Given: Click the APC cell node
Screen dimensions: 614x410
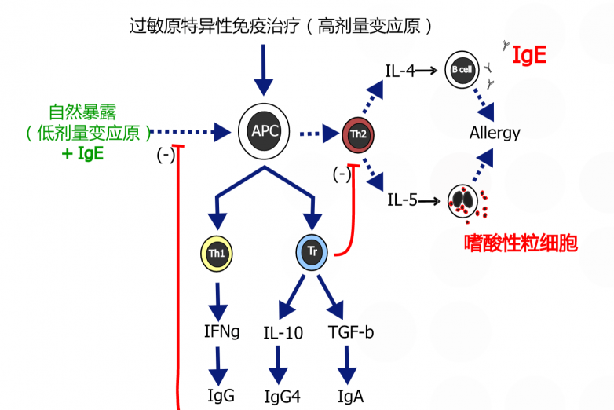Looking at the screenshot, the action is coord(264,132).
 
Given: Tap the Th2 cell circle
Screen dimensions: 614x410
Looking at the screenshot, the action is coord(358,135).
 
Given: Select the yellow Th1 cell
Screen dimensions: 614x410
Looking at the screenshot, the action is coord(217,254).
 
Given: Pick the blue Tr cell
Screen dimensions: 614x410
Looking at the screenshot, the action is coord(312,252).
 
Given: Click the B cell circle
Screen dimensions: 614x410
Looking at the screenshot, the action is coord(462,70).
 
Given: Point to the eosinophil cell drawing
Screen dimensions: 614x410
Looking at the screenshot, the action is coord(462,201).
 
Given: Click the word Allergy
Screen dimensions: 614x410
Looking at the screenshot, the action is coord(495,134).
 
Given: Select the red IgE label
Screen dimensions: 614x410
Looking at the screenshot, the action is coord(529,54).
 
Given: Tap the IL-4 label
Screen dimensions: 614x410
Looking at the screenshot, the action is coord(400,71).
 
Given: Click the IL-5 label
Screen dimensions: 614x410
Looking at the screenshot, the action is coord(402,200).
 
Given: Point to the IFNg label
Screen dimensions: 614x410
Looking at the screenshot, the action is coord(221,331).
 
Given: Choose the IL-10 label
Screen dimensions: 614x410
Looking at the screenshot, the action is coord(283,333).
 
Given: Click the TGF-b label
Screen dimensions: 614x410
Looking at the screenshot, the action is coord(351,332).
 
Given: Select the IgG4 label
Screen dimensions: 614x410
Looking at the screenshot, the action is coord(283,397).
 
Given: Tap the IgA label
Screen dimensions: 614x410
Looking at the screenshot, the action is coord(350,397).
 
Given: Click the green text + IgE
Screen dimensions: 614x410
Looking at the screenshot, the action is coord(82,153).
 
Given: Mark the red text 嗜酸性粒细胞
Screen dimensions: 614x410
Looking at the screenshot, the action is coord(521,243).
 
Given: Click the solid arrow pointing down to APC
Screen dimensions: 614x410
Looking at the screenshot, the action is coord(264,70).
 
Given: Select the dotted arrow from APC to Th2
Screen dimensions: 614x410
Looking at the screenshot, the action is coord(320,134).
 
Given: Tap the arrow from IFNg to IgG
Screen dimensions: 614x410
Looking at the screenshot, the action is coord(218,367).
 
